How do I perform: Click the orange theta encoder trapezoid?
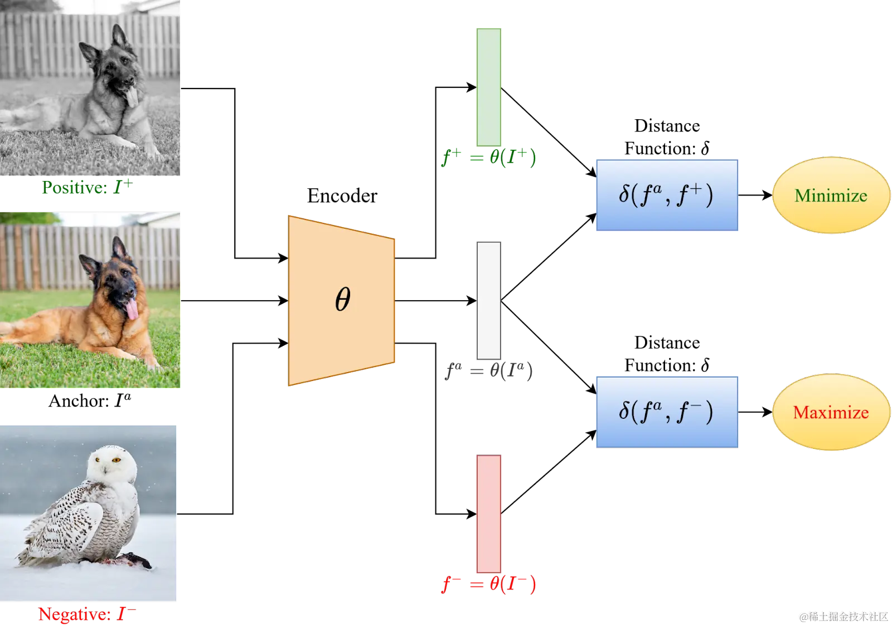[x=341, y=301]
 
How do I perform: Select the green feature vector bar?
[x=488, y=87]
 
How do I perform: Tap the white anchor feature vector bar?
[x=488, y=301]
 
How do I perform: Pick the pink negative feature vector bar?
[x=488, y=513]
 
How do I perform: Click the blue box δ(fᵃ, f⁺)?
[x=667, y=195]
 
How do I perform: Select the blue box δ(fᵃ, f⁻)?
[x=667, y=412]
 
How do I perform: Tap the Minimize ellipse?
[x=831, y=195]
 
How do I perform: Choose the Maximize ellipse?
[x=831, y=412]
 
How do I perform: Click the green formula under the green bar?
[x=488, y=158]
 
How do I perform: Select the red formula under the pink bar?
[x=488, y=584]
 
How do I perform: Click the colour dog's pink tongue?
[x=132, y=310]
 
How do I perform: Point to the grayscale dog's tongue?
[x=132, y=98]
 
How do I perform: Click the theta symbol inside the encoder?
[x=342, y=300]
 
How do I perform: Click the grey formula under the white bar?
[x=488, y=371]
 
